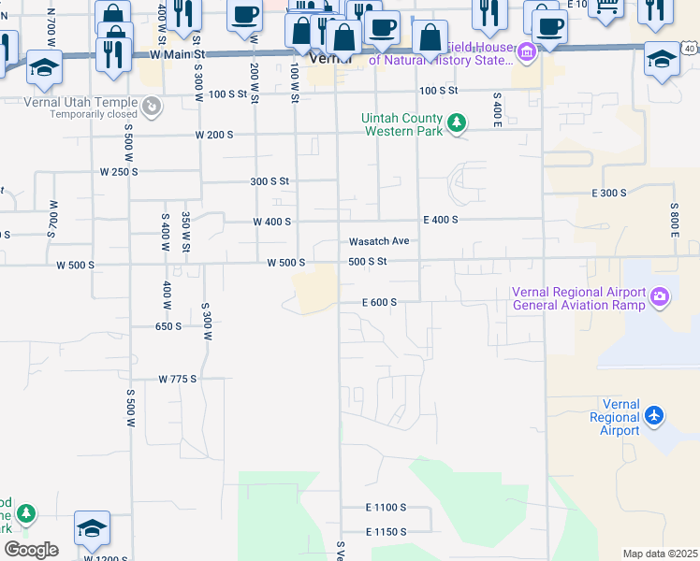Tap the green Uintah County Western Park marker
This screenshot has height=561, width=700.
tap(457, 123)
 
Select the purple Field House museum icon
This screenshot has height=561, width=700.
tap(527, 53)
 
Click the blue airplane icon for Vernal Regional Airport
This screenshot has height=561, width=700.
tap(654, 414)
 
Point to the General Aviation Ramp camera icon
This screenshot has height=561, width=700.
tap(661, 297)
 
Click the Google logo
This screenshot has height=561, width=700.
tap(31, 550)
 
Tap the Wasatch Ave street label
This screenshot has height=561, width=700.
tap(379, 240)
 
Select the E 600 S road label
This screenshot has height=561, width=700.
tap(380, 302)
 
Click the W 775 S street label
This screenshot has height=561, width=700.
tap(178, 379)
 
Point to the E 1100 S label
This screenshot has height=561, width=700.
tap(386, 507)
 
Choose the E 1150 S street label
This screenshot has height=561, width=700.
tap(386, 531)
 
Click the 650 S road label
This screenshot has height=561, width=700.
tap(168, 326)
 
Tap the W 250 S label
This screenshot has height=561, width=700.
tap(120, 172)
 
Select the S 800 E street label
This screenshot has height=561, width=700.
tap(674, 220)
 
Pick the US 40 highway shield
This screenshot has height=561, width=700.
tap(689, 47)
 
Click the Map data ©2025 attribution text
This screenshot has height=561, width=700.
tap(660, 554)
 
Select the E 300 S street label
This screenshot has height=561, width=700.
tap(609, 193)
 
